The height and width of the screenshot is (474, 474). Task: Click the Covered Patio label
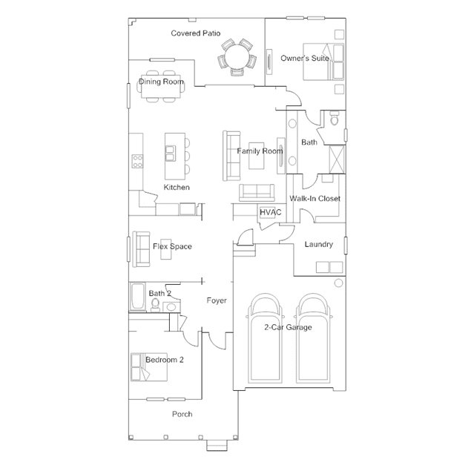195,33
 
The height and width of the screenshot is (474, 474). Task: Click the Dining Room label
161,82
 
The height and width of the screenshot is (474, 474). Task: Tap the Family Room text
260,151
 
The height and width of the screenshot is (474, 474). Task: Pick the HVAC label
270,213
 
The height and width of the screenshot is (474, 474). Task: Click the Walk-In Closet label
315,199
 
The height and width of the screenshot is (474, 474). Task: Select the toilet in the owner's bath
334,117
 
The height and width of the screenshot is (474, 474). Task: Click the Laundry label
319,245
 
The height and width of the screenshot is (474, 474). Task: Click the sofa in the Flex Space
139,246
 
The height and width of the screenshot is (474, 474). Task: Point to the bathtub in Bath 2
138,296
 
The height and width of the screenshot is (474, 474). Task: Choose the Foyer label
217,300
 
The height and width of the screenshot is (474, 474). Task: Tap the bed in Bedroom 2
152,366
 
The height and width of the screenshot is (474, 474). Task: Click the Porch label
182,414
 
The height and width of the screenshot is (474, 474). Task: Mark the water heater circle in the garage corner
338,283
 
